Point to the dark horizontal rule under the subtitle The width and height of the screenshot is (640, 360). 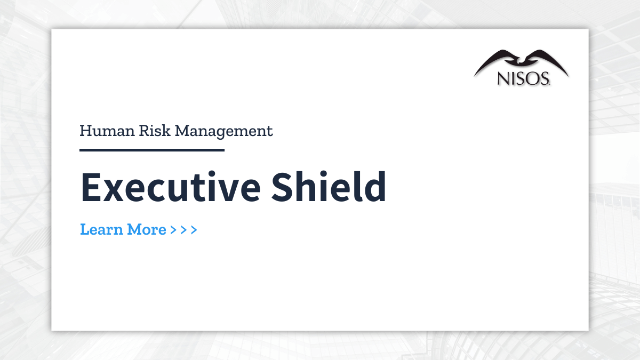pos(152,150)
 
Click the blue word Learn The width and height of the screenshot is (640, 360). pos(101,229)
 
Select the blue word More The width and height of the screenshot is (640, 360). pos(146,229)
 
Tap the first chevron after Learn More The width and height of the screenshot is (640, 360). pos(173,230)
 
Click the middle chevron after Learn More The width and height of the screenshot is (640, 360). pos(183,230)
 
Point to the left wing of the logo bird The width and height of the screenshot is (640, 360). pos(493,61)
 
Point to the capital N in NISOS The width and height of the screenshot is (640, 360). pos(503,79)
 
